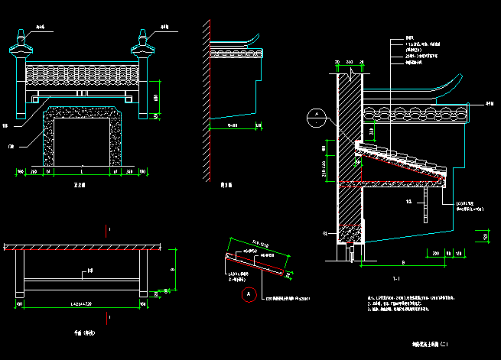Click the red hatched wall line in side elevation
tap(207, 99)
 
